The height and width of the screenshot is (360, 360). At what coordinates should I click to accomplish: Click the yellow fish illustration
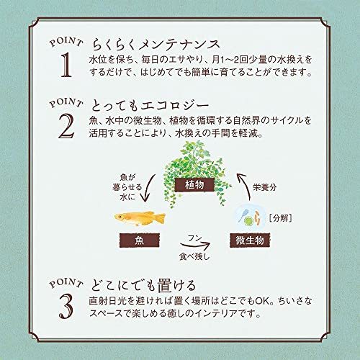[140, 217]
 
